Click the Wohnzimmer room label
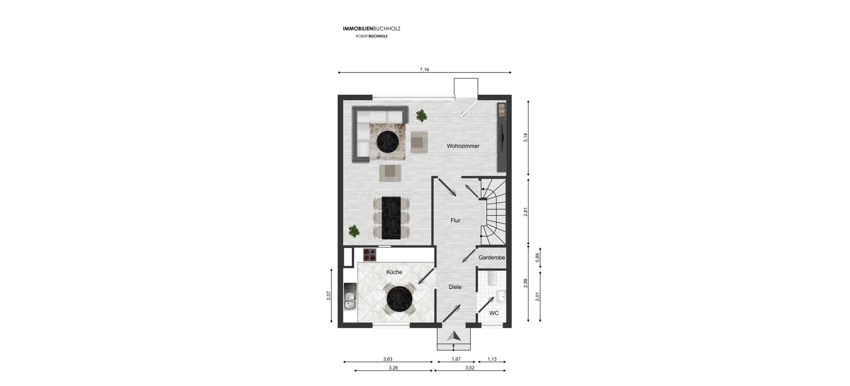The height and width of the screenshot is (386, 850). pyautogui.click(x=463, y=146)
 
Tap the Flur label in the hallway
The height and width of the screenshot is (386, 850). pyautogui.click(x=456, y=220)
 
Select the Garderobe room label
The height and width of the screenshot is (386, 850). pyautogui.click(x=492, y=257)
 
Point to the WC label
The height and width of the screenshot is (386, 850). pyautogui.click(x=494, y=313)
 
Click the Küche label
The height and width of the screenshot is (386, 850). pyautogui.click(x=394, y=272)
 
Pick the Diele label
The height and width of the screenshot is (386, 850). pyautogui.click(x=455, y=287)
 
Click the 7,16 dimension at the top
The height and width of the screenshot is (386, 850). pyautogui.click(x=424, y=70)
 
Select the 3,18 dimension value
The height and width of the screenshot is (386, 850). pyautogui.click(x=526, y=138)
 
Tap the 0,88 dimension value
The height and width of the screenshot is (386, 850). pyautogui.click(x=537, y=258)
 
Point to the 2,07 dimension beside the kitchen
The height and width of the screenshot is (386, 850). pyautogui.click(x=329, y=296)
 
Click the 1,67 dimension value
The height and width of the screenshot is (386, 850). pyautogui.click(x=456, y=359)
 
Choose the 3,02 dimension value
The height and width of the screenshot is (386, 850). pyautogui.click(x=469, y=368)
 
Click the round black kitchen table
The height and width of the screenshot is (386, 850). pyautogui.click(x=400, y=299)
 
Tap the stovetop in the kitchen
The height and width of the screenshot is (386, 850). pyautogui.click(x=370, y=255)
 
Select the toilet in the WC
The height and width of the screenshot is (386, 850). pyautogui.click(x=492, y=278)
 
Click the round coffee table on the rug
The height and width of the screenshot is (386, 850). pyautogui.click(x=387, y=142)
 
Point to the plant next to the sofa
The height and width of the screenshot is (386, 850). pyautogui.click(x=421, y=115)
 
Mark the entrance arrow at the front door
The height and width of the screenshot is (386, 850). pyautogui.click(x=453, y=336)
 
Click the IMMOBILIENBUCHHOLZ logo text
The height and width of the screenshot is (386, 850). pyautogui.click(x=372, y=29)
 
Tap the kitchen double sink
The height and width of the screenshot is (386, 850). pyautogui.click(x=350, y=296)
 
